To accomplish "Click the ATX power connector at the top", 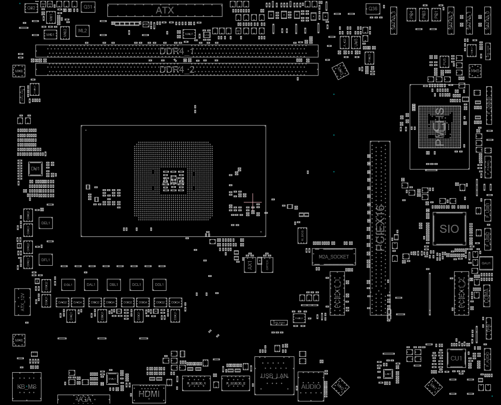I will (x=165, y=10).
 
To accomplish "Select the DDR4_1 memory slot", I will (x=177, y=51).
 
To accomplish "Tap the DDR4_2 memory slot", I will (x=177, y=70).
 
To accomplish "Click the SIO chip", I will (x=449, y=229).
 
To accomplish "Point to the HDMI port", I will (x=149, y=394).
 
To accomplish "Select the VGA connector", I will (x=84, y=399).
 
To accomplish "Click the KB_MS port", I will (x=27, y=386).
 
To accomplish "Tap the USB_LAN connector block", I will (x=274, y=375).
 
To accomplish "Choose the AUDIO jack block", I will (x=311, y=386).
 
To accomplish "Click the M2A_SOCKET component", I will (x=334, y=256).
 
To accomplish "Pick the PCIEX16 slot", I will (x=380, y=228).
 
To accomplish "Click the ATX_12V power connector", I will (x=22, y=302).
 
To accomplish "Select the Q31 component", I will (x=88, y=7).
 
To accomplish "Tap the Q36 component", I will (x=373, y=9).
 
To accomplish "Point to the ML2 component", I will (x=83, y=31).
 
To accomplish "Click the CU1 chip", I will (x=456, y=358).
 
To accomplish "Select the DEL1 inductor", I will (x=45, y=223).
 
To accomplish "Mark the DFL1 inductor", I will (x=45, y=259).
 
